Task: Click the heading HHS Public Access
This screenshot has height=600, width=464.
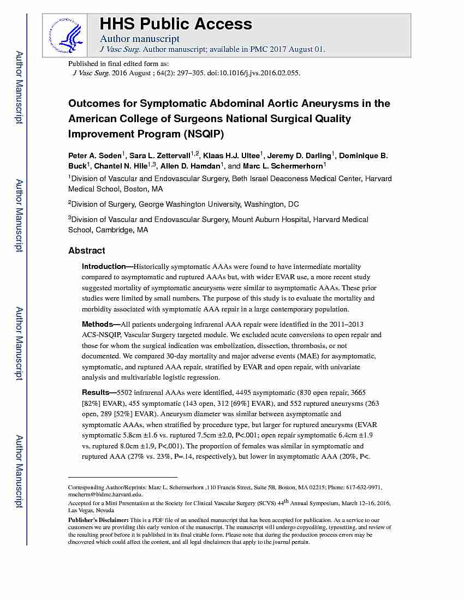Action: coord(175,24)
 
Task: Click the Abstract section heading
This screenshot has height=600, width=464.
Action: coord(86,251)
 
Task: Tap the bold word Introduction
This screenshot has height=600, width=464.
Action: coord(104,267)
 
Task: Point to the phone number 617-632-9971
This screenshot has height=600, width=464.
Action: coord(365,487)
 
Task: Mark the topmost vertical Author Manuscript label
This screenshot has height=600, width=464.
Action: coord(19,87)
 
